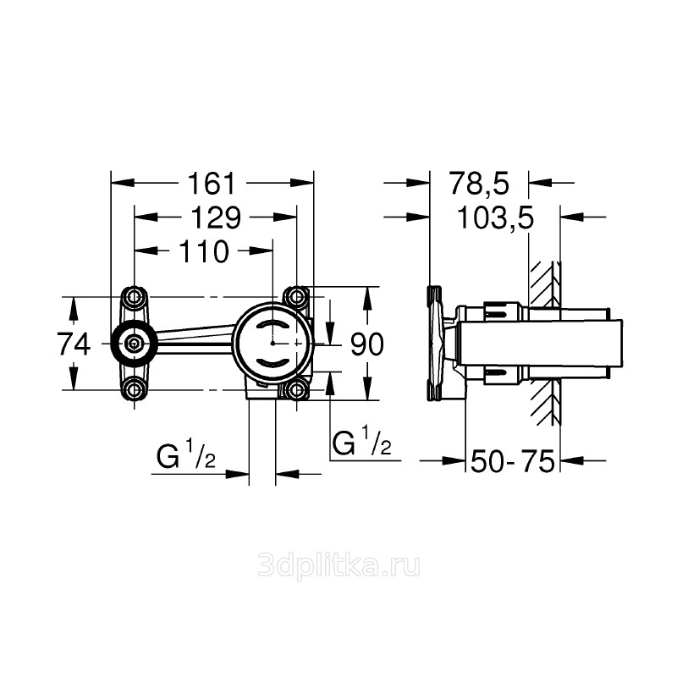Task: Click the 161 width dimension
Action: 212,183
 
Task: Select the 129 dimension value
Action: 216,217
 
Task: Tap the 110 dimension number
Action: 203,251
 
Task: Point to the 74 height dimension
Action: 74,344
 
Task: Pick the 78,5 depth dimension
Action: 479,183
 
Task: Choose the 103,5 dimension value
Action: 495,217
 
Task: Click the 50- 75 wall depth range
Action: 513,460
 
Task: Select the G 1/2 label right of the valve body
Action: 362,440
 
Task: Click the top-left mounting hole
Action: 135,297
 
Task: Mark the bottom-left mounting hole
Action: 135,390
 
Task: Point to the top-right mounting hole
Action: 296,297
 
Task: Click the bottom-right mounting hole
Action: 296,390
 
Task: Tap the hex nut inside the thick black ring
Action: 134,344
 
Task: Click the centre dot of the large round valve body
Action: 272,344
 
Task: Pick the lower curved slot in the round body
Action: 272,362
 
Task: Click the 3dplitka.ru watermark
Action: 338,566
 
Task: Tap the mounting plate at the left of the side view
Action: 434,343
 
